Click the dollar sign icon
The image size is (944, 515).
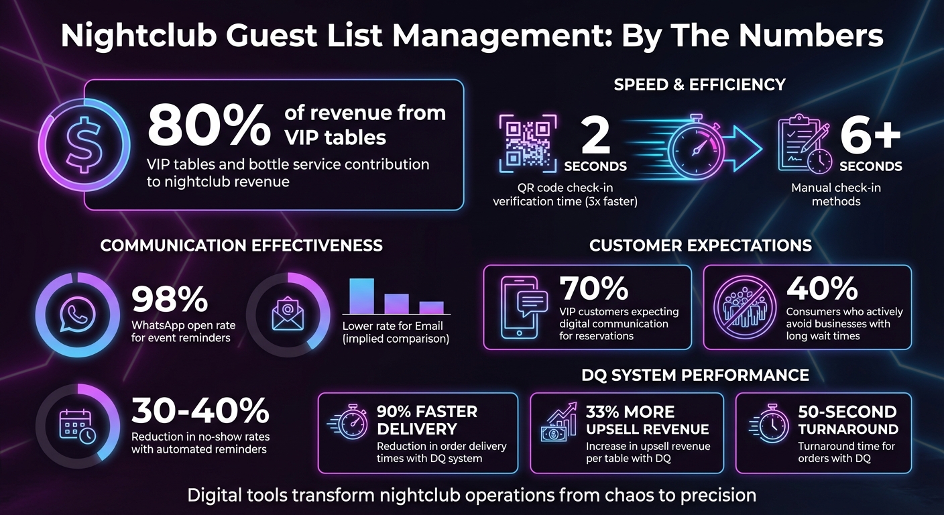(83, 144)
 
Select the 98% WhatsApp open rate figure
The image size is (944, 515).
(170, 300)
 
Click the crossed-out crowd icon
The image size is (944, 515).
(744, 307)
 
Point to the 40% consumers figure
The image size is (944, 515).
(822, 289)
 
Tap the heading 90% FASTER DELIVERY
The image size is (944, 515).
(427, 420)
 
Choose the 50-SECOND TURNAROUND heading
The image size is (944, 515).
(847, 420)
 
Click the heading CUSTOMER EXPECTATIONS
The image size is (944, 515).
(700, 245)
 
